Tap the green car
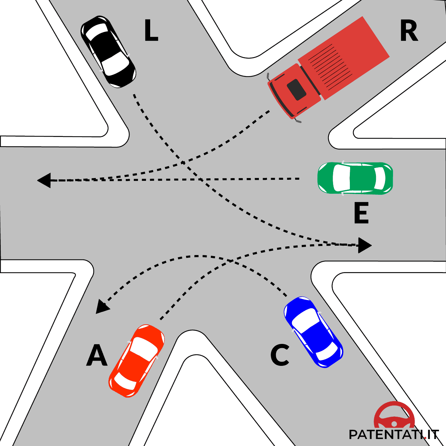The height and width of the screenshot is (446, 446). click(x=355, y=178)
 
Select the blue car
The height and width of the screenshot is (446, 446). click(x=313, y=332)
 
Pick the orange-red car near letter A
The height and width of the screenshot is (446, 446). click(x=137, y=361)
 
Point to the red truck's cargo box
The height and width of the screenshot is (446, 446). click(x=343, y=57)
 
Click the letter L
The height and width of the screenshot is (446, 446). click(x=151, y=31)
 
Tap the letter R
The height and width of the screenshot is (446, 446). click(x=409, y=31)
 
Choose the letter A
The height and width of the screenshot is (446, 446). click(x=97, y=355)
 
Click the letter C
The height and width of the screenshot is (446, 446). click(x=280, y=355)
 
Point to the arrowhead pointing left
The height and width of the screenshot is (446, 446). click(x=44, y=180)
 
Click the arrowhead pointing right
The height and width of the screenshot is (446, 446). click(x=364, y=245)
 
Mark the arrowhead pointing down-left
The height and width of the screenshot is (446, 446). click(x=102, y=307)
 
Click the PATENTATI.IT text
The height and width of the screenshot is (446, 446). click(x=393, y=435)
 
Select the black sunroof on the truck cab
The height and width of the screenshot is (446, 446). click(x=297, y=90)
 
